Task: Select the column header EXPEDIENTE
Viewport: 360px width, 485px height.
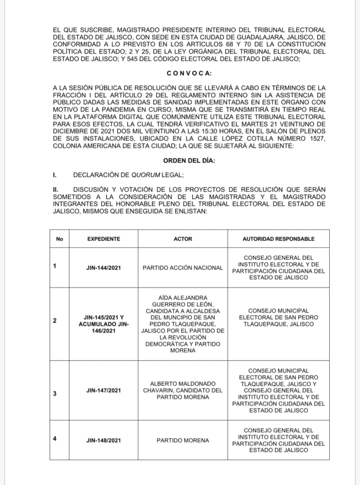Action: tap(104, 239)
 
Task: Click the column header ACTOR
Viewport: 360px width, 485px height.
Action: tap(183, 239)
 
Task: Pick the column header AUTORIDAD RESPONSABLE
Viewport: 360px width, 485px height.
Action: tap(279, 239)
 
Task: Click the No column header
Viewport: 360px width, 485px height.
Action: tap(59, 239)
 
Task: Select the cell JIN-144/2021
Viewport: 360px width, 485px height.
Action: tap(104, 268)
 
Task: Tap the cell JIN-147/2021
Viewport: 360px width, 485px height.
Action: tap(104, 390)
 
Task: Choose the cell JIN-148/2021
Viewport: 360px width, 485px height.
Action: tap(104, 440)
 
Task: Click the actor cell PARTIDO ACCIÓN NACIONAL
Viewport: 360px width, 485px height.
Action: tap(183, 268)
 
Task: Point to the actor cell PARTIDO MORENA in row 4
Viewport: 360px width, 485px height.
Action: tap(183, 440)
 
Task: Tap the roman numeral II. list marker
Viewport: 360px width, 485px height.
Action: tap(56, 189)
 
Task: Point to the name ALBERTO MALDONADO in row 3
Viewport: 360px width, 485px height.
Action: tap(183, 383)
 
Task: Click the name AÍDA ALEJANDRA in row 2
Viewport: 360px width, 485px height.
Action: tap(183, 297)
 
